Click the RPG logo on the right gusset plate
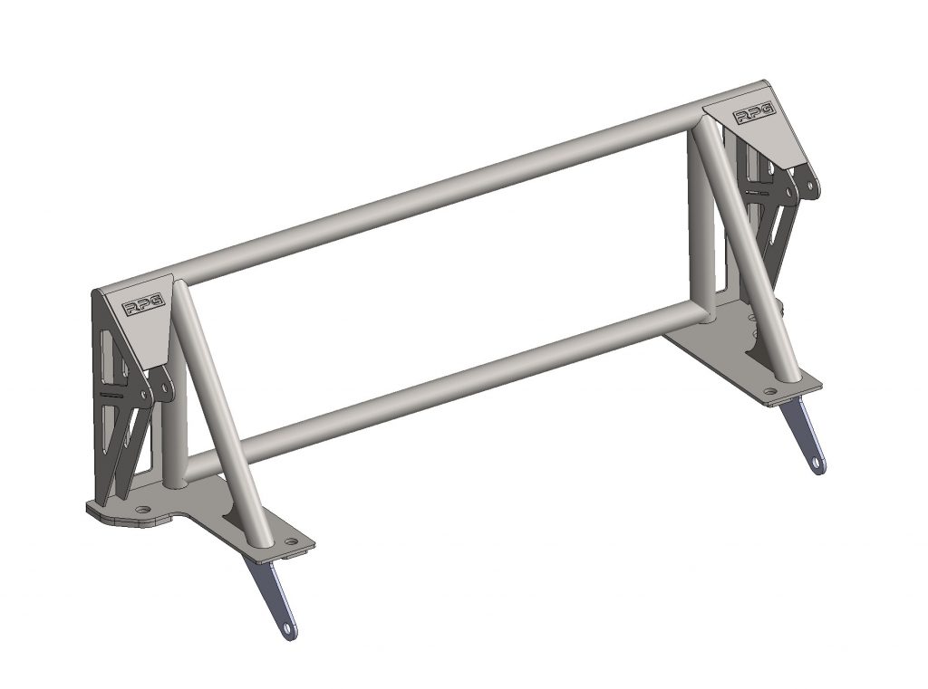(754, 114)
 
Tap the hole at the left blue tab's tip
(288, 627)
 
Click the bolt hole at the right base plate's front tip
(770, 392)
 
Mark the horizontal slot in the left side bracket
(114, 396)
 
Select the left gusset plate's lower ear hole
(165, 389)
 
